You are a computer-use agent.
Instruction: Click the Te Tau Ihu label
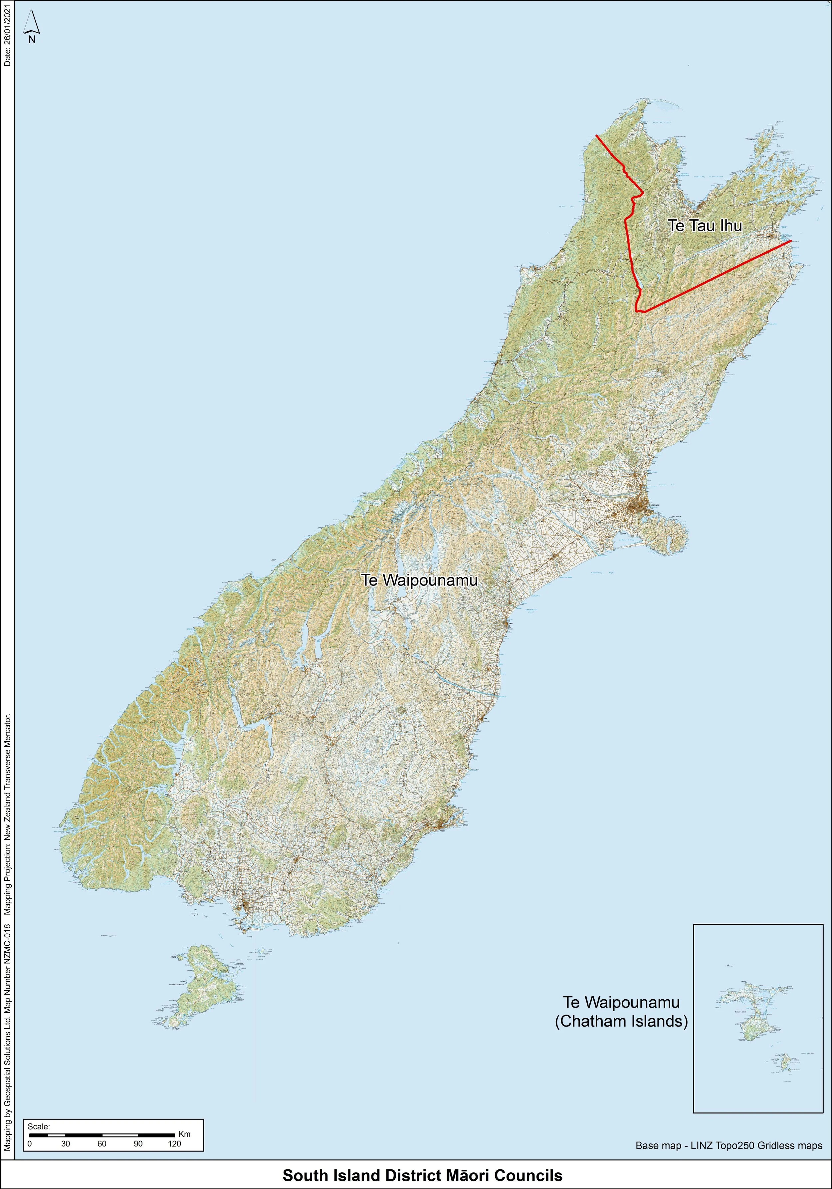[705, 226]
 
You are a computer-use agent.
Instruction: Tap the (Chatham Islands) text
[621, 1022]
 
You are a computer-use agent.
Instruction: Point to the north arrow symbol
[32, 26]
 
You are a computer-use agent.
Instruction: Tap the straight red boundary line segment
[720, 275]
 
